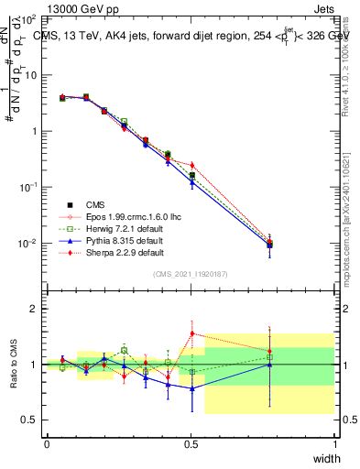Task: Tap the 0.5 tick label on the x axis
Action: [x=191, y=444]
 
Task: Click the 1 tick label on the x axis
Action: [x=335, y=444]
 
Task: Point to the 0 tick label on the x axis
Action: [x=47, y=444]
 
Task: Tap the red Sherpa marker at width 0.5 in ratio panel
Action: [x=191, y=333]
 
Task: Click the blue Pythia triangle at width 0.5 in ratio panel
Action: [x=191, y=388]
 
